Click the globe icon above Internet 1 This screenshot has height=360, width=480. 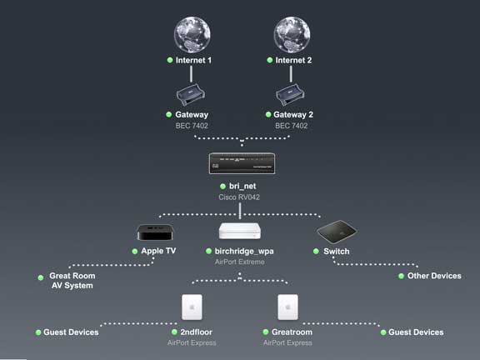point(192,35)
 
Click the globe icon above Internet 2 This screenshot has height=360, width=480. point(292,35)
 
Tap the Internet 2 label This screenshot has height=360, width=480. point(293,60)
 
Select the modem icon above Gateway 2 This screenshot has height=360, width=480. point(290,95)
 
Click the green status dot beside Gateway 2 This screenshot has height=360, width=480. point(268,114)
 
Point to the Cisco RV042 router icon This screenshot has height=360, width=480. point(242,163)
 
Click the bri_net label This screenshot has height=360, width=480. point(242,186)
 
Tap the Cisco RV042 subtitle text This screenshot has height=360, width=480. point(239,197)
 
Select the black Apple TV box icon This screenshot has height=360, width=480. point(155,232)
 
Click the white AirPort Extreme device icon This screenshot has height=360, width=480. point(240,231)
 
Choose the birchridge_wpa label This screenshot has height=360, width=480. point(244,252)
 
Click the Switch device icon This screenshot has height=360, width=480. point(337,232)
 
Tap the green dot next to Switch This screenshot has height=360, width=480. point(316,252)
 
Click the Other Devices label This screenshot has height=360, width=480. point(434,276)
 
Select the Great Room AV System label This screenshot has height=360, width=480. point(72,280)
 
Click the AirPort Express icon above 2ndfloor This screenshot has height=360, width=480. point(192,307)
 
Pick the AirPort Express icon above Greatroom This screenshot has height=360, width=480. point(287,307)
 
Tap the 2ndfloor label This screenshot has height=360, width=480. point(196,332)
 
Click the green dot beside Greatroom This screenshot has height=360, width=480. point(266,332)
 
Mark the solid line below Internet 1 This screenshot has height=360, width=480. point(192,74)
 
